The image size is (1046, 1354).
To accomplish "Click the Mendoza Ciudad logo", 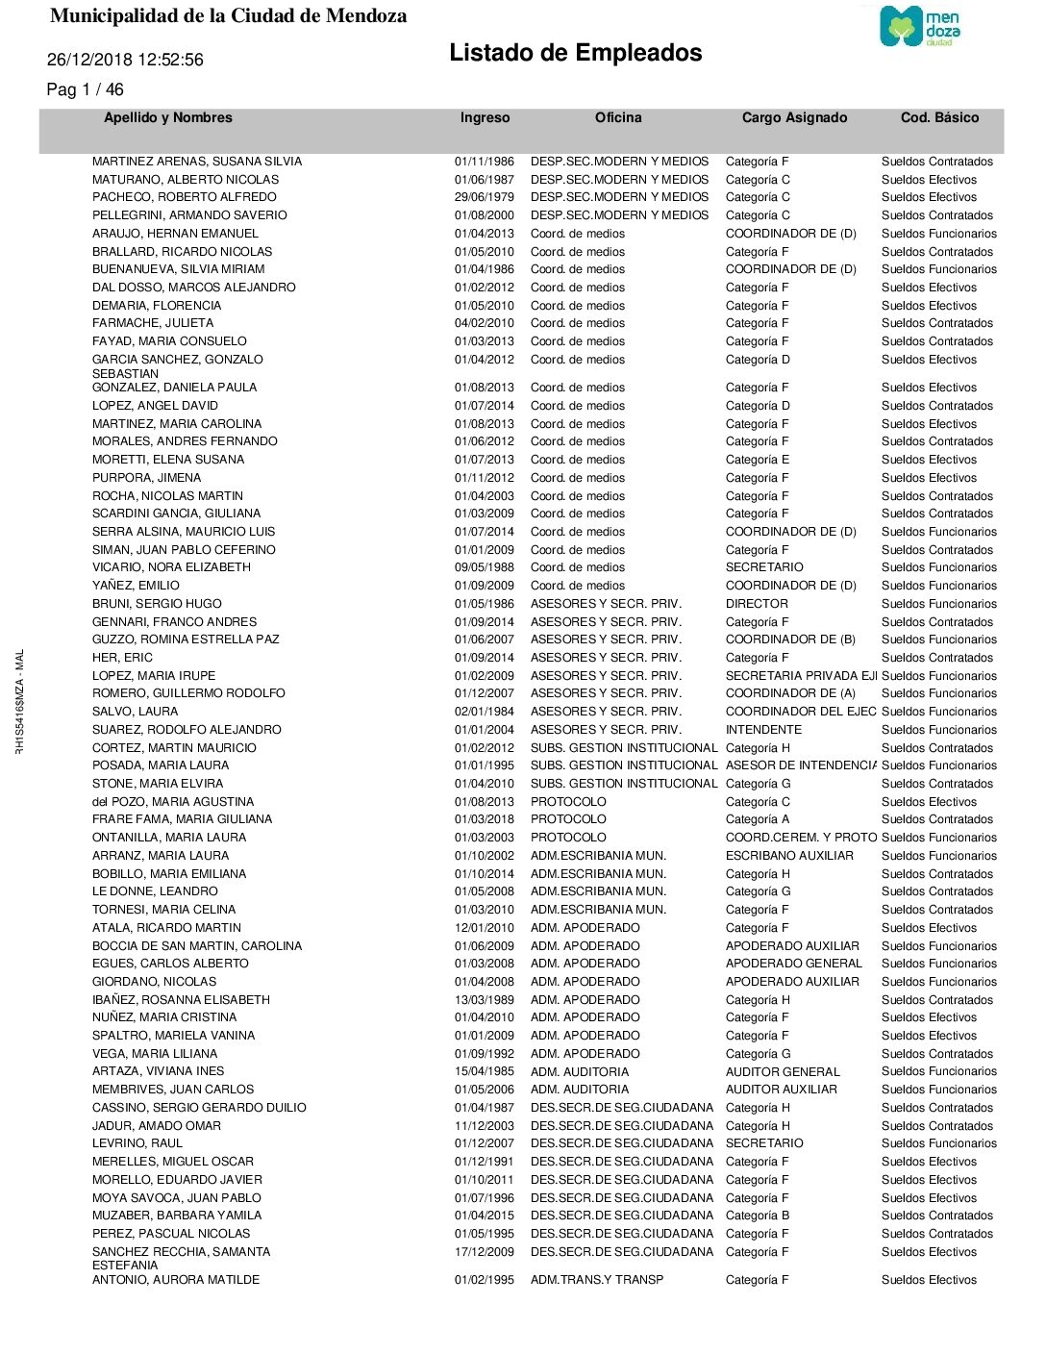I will click(x=920, y=26).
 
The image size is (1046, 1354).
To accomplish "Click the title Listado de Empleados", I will click(x=575, y=53).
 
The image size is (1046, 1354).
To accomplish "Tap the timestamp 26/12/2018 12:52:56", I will click(x=125, y=60).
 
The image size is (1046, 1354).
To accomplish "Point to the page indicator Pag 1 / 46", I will click(x=85, y=89).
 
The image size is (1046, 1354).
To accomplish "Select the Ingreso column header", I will click(x=485, y=117).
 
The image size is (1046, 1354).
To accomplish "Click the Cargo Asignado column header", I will click(x=794, y=117).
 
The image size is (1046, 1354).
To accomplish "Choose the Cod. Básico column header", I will click(x=939, y=117).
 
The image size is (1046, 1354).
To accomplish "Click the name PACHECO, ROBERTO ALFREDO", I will click(x=184, y=197).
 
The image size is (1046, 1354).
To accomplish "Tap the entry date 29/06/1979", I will click(x=484, y=197).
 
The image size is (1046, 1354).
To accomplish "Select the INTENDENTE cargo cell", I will click(x=763, y=730).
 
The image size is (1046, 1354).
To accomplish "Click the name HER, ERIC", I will click(x=122, y=658).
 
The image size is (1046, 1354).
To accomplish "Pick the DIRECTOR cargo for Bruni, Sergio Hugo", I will click(x=757, y=604).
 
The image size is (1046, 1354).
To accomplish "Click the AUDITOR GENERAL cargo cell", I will click(x=783, y=1072).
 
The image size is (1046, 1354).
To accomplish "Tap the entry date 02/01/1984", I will click(x=484, y=712).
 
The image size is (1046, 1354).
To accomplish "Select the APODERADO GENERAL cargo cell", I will click(x=794, y=964).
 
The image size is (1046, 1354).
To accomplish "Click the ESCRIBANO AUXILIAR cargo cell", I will click(x=789, y=856).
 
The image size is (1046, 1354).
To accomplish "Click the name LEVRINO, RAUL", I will click(x=137, y=1143).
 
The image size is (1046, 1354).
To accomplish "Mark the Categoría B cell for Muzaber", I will click(x=758, y=1216).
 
